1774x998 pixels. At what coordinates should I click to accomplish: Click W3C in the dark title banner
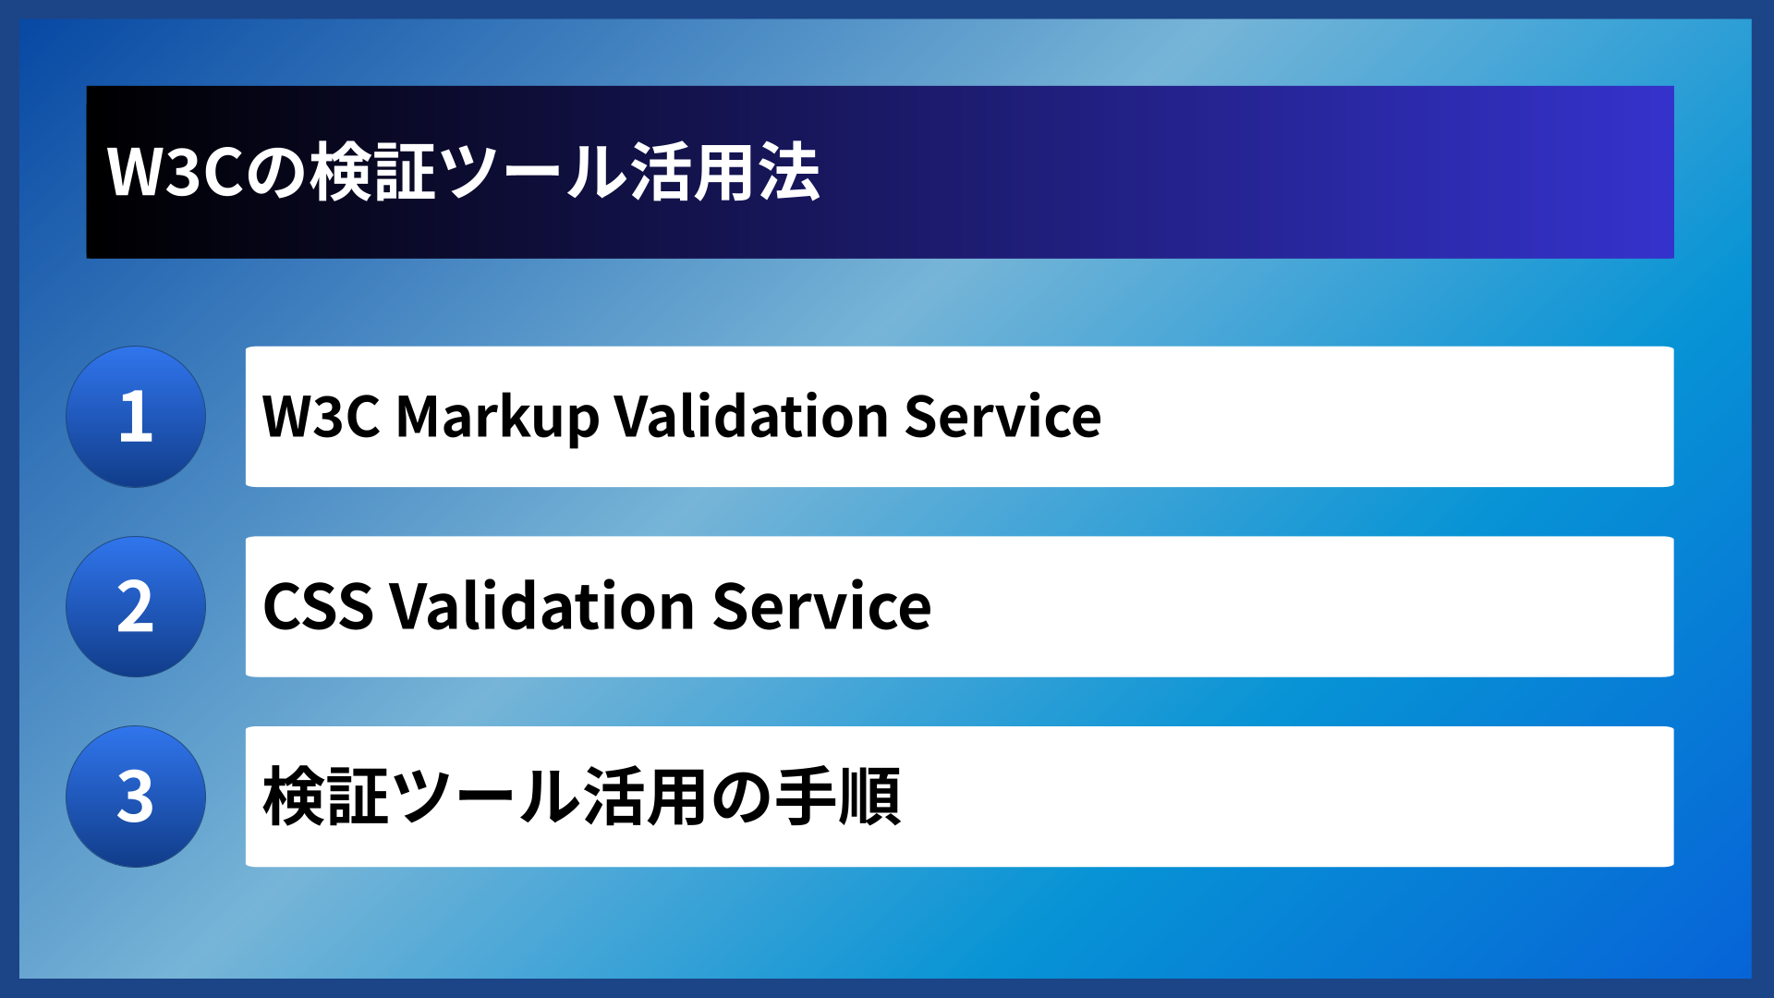(x=175, y=173)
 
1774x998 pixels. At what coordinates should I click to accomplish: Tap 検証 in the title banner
(x=372, y=173)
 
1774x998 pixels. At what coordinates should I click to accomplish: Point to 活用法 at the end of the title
(x=725, y=173)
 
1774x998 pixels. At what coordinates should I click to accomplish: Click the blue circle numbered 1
(x=136, y=417)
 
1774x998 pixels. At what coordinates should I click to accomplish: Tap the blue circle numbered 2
(x=136, y=607)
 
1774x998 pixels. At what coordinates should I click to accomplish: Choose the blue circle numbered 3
(x=136, y=797)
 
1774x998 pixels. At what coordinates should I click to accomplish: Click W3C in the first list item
(x=321, y=417)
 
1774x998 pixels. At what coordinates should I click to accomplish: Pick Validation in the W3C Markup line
(x=751, y=417)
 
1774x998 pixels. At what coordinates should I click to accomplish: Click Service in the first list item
(x=1002, y=417)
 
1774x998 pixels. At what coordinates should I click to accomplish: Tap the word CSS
(x=318, y=607)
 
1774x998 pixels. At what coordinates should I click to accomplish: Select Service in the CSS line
(x=821, y=607)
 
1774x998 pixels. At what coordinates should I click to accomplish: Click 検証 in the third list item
(x=326, y=797)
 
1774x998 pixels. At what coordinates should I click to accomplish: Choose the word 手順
(x=838, y=797)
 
